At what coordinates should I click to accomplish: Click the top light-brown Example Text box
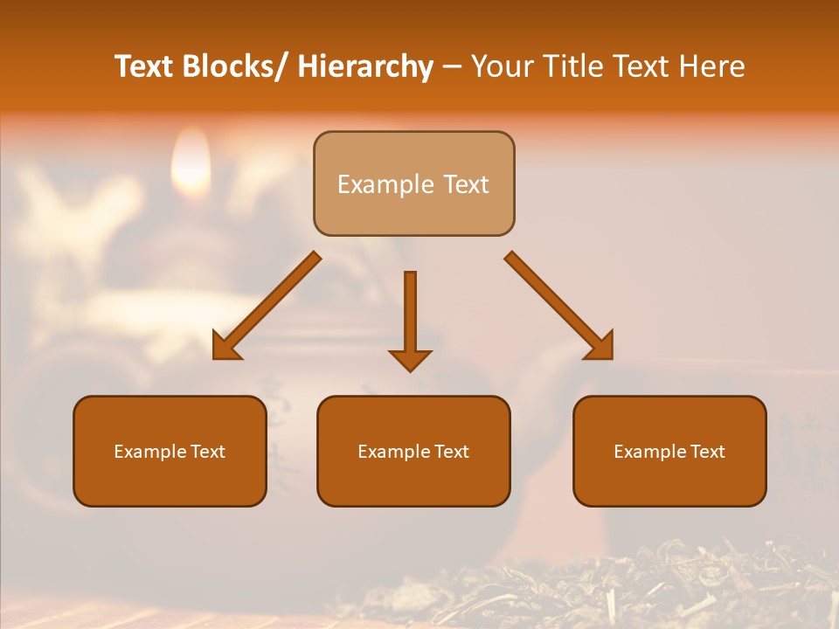[413, 183]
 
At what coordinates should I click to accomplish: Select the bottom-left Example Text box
[170, 451]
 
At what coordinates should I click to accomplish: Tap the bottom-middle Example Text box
[413, 451]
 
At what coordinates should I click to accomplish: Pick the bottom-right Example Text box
[669, 451]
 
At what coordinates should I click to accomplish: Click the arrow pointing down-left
[267, 306]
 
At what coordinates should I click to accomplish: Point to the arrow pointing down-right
[559, 306]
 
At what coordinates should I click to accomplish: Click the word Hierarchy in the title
[364, 66]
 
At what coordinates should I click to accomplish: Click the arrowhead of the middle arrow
[410, 358]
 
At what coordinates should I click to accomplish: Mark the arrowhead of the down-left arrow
[225, 348]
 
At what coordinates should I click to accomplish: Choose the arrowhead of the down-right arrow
[600, 348]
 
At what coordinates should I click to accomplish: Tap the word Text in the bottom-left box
[208, 452]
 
